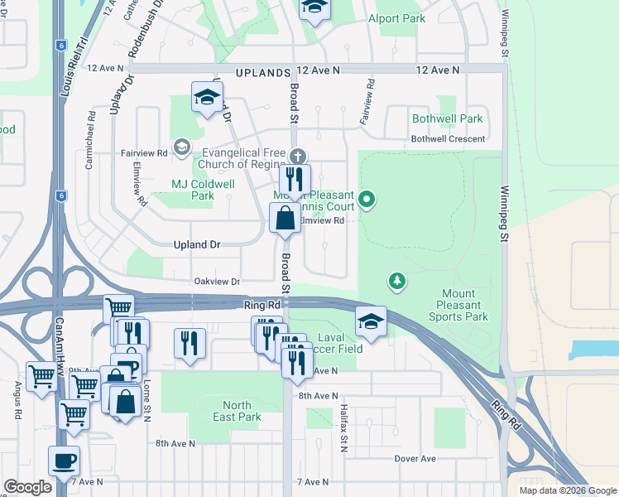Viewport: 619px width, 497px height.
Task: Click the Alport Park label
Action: coord(396,18)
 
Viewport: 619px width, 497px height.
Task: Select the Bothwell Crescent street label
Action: coord(448,139)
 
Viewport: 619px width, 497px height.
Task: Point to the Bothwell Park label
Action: coord(447,119)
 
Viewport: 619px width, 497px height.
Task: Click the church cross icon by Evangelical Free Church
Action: coord(297,156)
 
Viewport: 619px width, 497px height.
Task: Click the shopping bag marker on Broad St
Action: coord(285,220)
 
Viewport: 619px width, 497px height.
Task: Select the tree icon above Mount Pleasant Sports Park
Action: coord(398,282)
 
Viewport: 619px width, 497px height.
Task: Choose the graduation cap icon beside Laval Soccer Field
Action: coord(372,323)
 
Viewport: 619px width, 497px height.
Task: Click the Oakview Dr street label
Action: coord(217,282)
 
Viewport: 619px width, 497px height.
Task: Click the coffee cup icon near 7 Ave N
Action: coord(64,461)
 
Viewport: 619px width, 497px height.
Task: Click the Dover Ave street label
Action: coord(415,458)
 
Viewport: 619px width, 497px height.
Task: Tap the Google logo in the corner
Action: coord(27,487)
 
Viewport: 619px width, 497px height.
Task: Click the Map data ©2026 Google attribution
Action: coord(567,490)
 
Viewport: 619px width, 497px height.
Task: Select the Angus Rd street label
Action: coord(16,399)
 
